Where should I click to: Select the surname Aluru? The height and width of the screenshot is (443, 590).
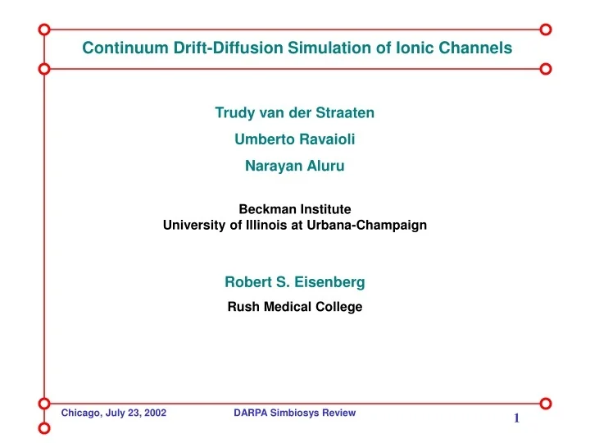tap(325, 167)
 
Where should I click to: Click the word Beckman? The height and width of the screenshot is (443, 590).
tap(266, 209)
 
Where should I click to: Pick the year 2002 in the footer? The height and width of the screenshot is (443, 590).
tap(154, 413)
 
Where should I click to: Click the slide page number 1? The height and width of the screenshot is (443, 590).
tap(517, 419)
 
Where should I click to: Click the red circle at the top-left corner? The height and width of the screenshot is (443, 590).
tap(44, 29)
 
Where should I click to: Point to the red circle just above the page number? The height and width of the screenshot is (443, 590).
tap(546, 403)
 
